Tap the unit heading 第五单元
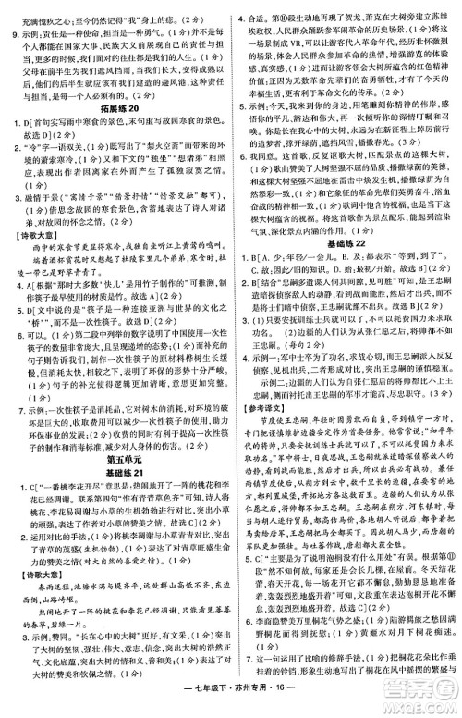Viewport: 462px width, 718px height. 115,432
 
